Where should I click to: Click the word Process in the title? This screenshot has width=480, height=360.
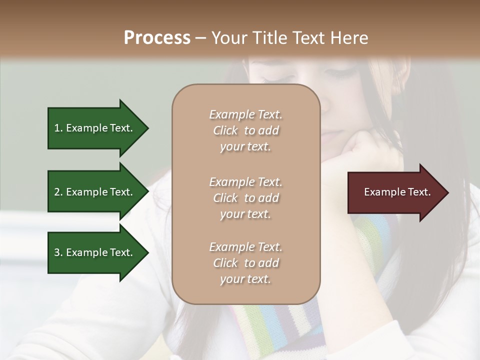(x=157, y=37)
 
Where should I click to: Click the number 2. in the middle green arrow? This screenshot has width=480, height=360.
(x=58, y=192)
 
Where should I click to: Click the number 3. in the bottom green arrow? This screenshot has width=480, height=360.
(x=58, y=252)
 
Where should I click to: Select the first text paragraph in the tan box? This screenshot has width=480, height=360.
(x=245, y=130)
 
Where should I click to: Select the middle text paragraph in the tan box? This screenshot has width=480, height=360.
(x=245, y=198)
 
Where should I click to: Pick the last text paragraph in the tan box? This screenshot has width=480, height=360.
(x=245, y=263)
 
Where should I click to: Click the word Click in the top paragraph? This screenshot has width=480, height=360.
(x=225, y=130)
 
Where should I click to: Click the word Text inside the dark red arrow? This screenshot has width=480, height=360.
(x=418, y=192)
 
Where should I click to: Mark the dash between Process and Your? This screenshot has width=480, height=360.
(x=201, y=38)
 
